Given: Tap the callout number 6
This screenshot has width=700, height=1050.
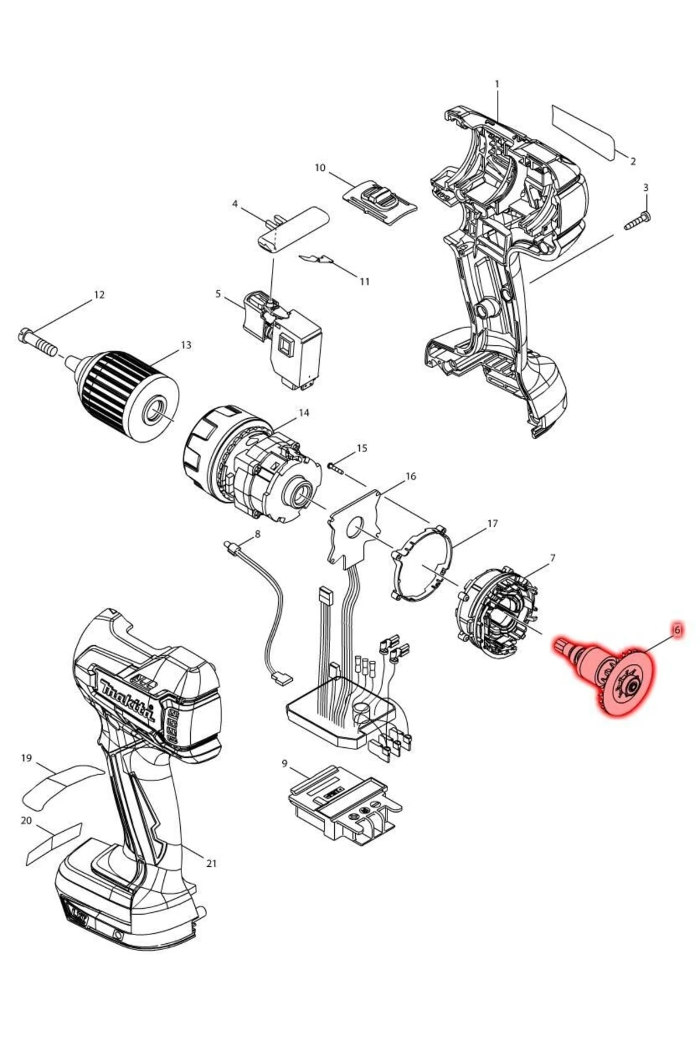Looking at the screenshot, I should pos(677,631).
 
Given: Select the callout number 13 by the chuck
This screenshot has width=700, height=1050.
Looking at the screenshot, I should pos(185,345).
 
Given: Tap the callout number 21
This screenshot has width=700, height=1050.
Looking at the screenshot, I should pos(211,863).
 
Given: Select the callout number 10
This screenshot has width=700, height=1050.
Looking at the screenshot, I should pos(320,168).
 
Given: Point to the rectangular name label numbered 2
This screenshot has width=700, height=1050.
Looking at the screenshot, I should pos(583,132).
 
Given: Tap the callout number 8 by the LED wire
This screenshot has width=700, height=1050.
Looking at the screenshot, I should pos(257,534).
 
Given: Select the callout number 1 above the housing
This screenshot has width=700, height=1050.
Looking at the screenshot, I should pos(497,84).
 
